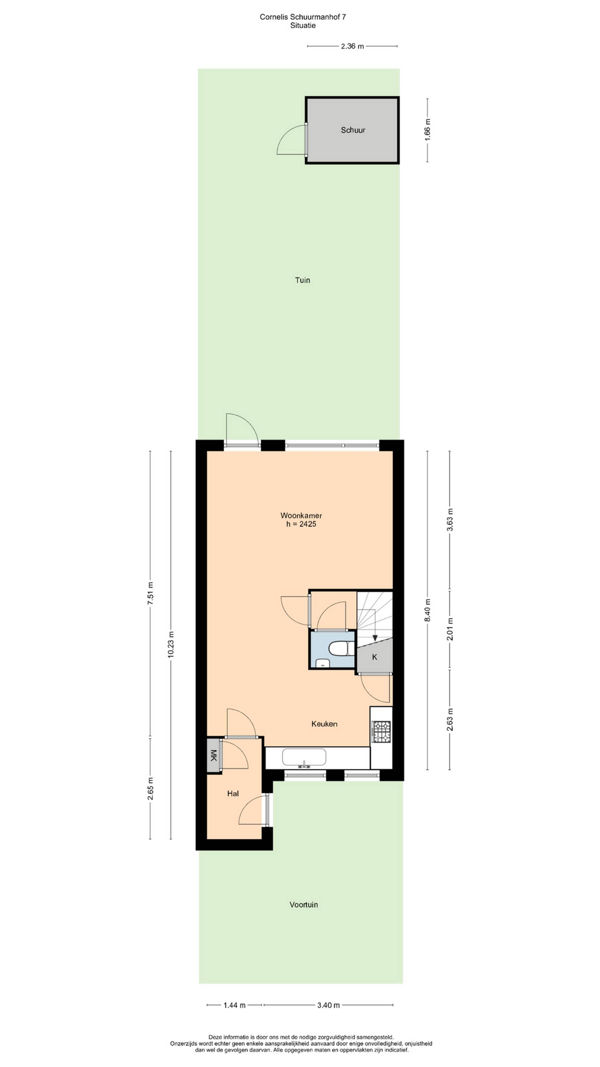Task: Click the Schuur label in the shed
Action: coord(353,130)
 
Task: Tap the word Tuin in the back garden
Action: coord(302,280)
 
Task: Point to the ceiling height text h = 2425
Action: coord(301,524)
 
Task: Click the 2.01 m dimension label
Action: coord(450,629)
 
